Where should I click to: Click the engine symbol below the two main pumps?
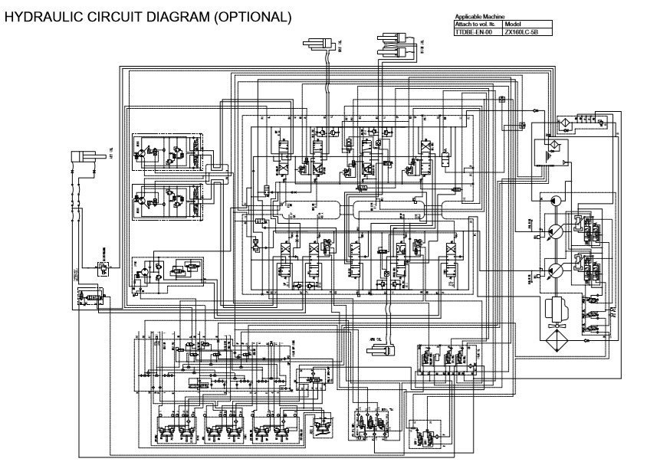[x=557, y=310]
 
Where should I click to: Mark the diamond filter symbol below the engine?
[x=557, y=340]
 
